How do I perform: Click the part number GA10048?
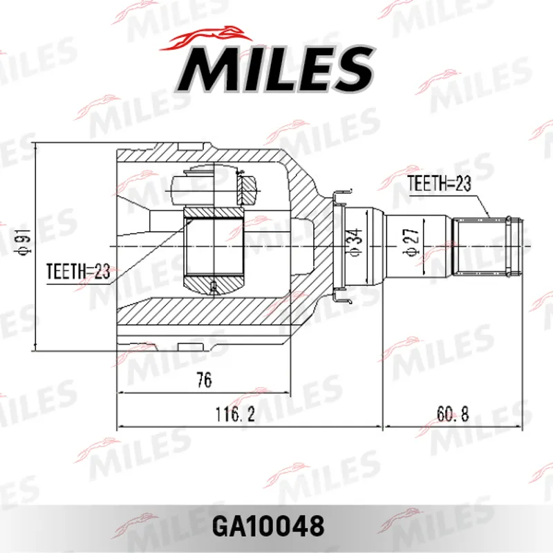268,525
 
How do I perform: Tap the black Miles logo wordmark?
276,68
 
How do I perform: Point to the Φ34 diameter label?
355,242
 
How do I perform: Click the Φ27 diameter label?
411,242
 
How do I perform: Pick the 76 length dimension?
204,379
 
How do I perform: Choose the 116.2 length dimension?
235,413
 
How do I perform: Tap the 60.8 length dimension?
453,413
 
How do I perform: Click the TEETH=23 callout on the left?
78,271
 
